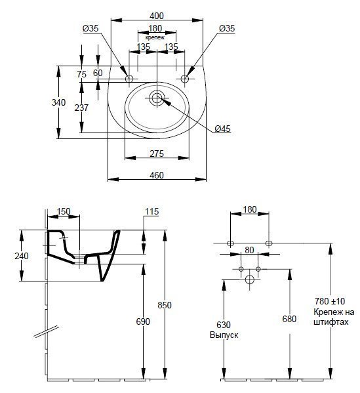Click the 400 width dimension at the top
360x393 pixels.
[x=157, y=16]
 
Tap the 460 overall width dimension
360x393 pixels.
[x=157, y=175]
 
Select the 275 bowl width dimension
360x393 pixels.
[x=157, y=154]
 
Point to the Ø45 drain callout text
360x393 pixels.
[x=222, y=129]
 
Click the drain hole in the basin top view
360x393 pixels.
[x=157, y=98]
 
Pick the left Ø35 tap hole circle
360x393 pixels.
[x=129, y=79]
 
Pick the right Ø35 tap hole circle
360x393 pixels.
[x=185, y=79]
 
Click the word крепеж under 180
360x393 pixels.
[x=155, y=37]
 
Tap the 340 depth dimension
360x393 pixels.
[x=58, y=102]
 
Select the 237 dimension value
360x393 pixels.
[x=81, y=108]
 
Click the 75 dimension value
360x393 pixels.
[x=82, y=74]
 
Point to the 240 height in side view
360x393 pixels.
[x=22, y=256]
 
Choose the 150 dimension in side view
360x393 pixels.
[x=64, y=211]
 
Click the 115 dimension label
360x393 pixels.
[x=152, y=211]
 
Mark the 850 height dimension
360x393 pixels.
[x=165, y=305]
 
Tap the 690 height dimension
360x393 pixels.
[x=143, y=321]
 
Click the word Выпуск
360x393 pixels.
[x=224, y=335]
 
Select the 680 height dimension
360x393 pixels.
[x=289, y=319]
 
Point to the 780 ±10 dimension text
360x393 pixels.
[x=330, y=300]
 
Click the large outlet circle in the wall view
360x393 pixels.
[x=250, y=279]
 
